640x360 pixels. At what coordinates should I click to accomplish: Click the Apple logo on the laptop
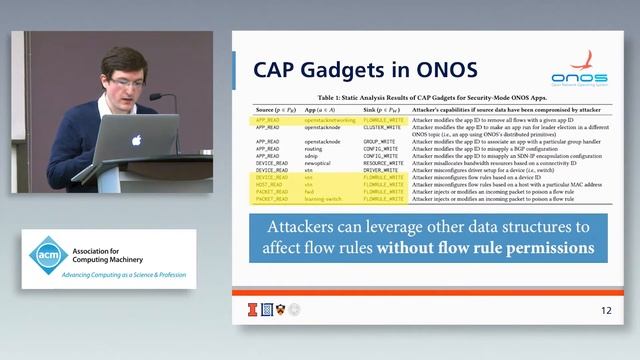click(x=137, y=140)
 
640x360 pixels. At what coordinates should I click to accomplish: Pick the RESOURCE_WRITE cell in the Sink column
click(x=384, y=163)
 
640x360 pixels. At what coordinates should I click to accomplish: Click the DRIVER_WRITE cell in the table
click(x=381, y=170)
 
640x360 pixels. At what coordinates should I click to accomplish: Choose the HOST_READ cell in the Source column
click(x=268, y=184)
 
